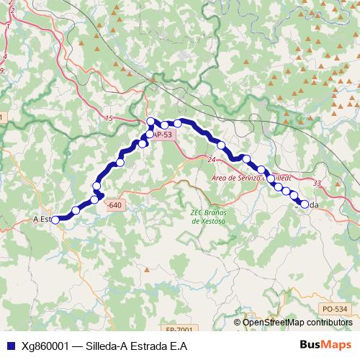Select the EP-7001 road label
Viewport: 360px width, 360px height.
[179, 330]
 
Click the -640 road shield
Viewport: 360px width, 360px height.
[113, 205]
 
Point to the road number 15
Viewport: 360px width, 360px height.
[109, 118]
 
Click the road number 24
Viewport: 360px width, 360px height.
[211, 159]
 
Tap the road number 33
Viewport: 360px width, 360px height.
[317, 184]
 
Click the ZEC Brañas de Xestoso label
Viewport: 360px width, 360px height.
[208, 217]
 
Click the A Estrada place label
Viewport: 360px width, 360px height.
[42, 219]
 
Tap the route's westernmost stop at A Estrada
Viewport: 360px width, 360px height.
[55, 219]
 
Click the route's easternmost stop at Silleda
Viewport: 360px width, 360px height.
[304, 204]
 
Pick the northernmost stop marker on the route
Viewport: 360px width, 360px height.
[150, 121]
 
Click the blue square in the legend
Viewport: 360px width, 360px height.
[9, 346]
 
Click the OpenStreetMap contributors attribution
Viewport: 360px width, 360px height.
[302, 323]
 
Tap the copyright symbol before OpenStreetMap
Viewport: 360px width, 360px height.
[238, 323]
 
